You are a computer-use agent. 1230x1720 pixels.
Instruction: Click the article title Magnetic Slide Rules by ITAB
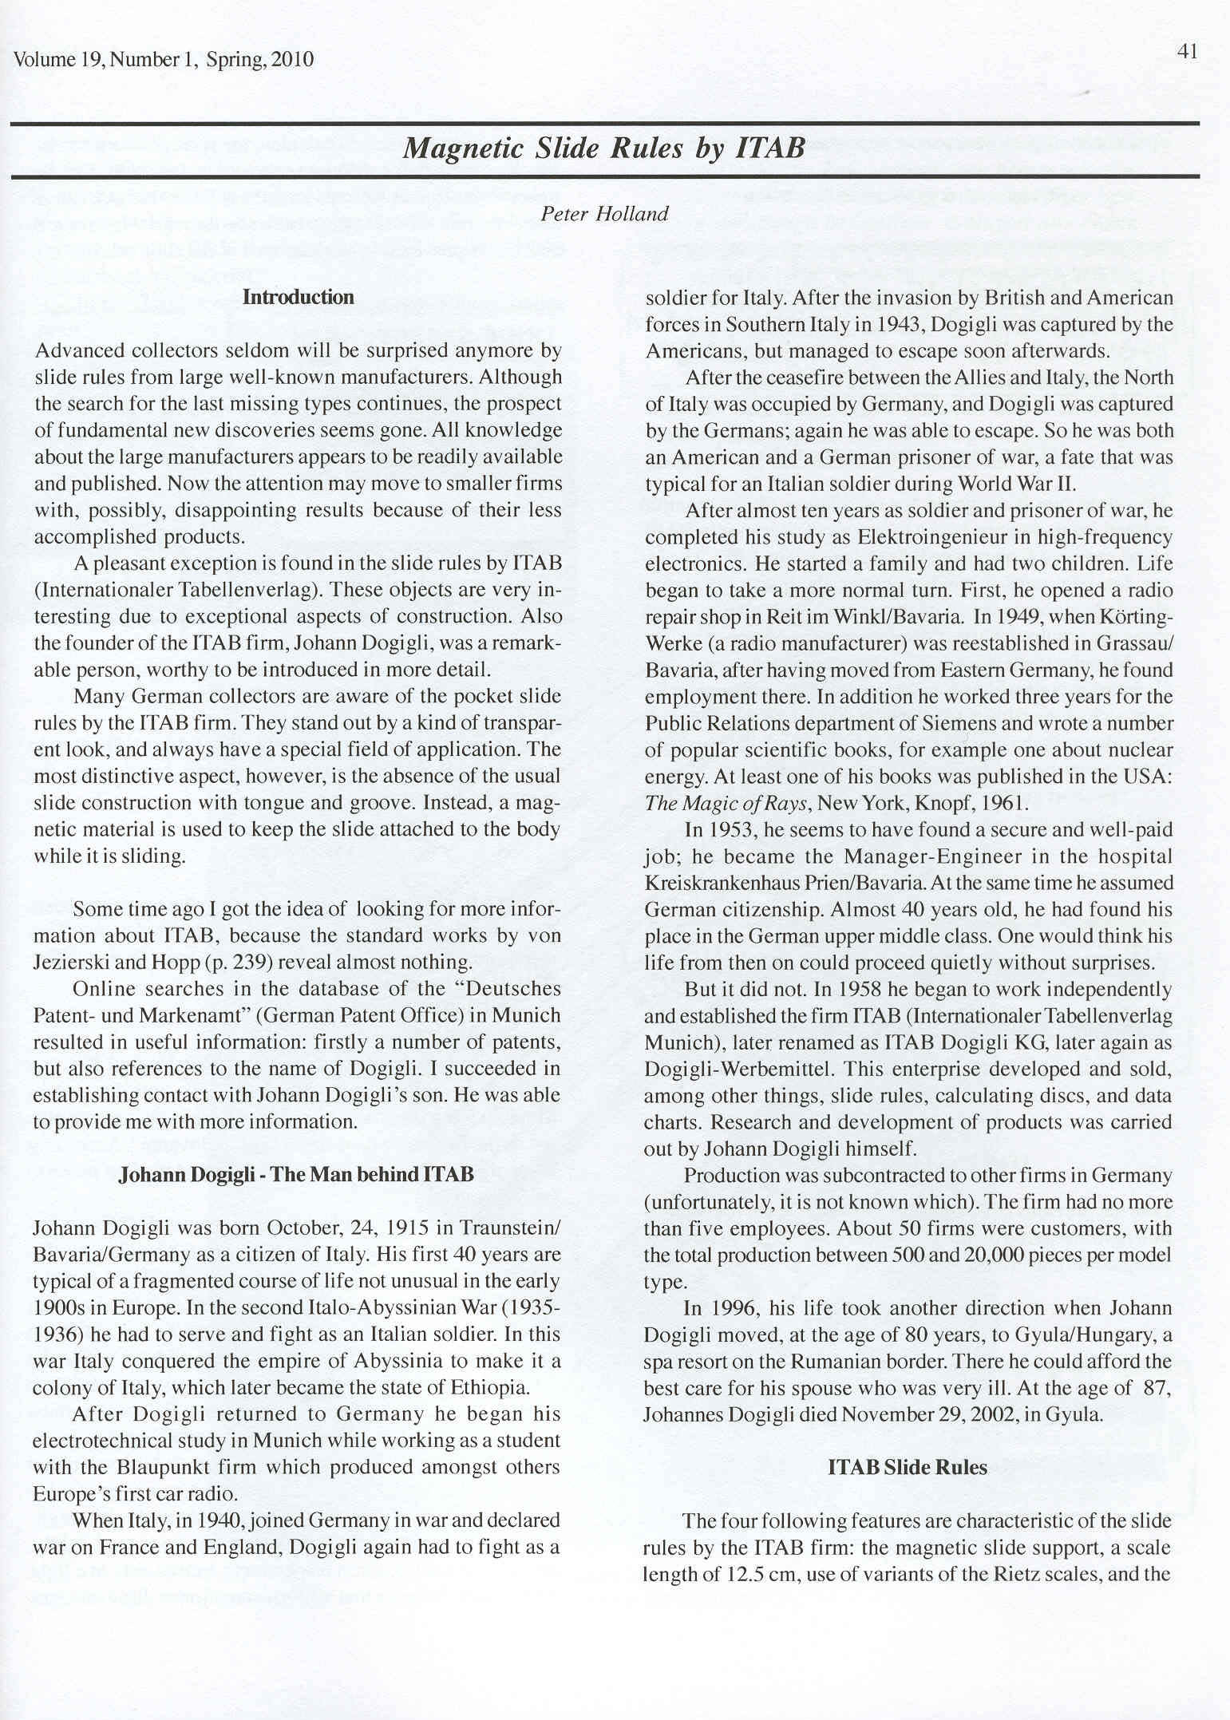[603, 148]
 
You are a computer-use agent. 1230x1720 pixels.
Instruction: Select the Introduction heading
[298, 298]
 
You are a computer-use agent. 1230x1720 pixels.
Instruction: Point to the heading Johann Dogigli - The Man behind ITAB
[296, 1174]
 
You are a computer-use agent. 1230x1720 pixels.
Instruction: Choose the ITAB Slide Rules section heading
[908, 1467]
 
